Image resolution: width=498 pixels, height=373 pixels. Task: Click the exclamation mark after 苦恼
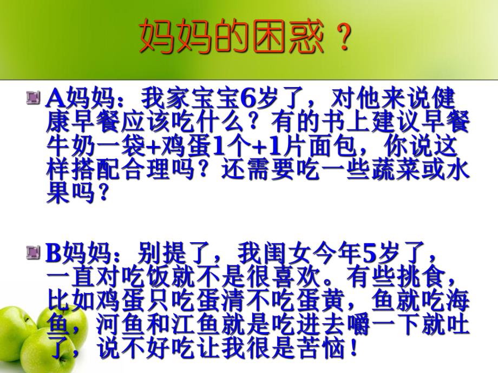point(353,349)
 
